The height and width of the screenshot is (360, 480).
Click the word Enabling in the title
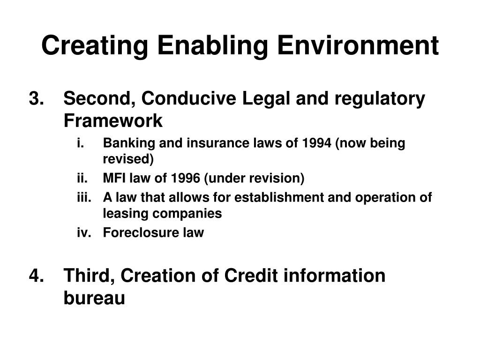pos(212,45)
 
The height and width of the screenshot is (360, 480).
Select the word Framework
pos(113,121)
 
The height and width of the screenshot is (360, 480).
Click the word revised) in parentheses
pos(128,159)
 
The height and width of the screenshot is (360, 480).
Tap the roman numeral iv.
pos(83,232)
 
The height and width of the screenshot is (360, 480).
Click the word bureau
pos(94,298)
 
